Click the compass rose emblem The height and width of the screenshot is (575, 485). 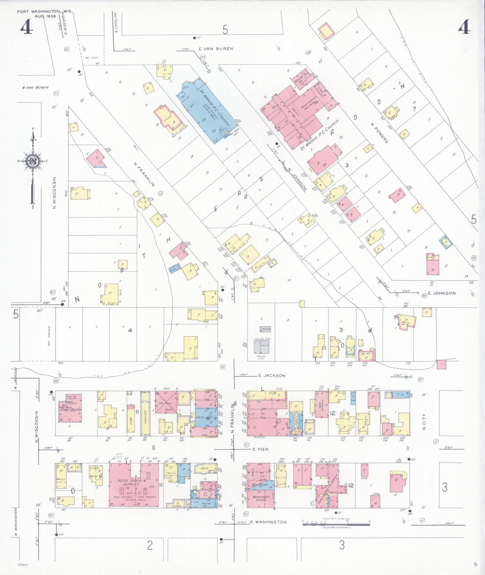tap(32, 161)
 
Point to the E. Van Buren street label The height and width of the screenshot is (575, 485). tap(216, 48)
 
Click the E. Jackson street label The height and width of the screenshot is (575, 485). tap(272, 375)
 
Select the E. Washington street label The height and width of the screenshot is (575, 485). tap(268, 522)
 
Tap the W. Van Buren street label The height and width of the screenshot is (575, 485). tap(35, 88)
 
